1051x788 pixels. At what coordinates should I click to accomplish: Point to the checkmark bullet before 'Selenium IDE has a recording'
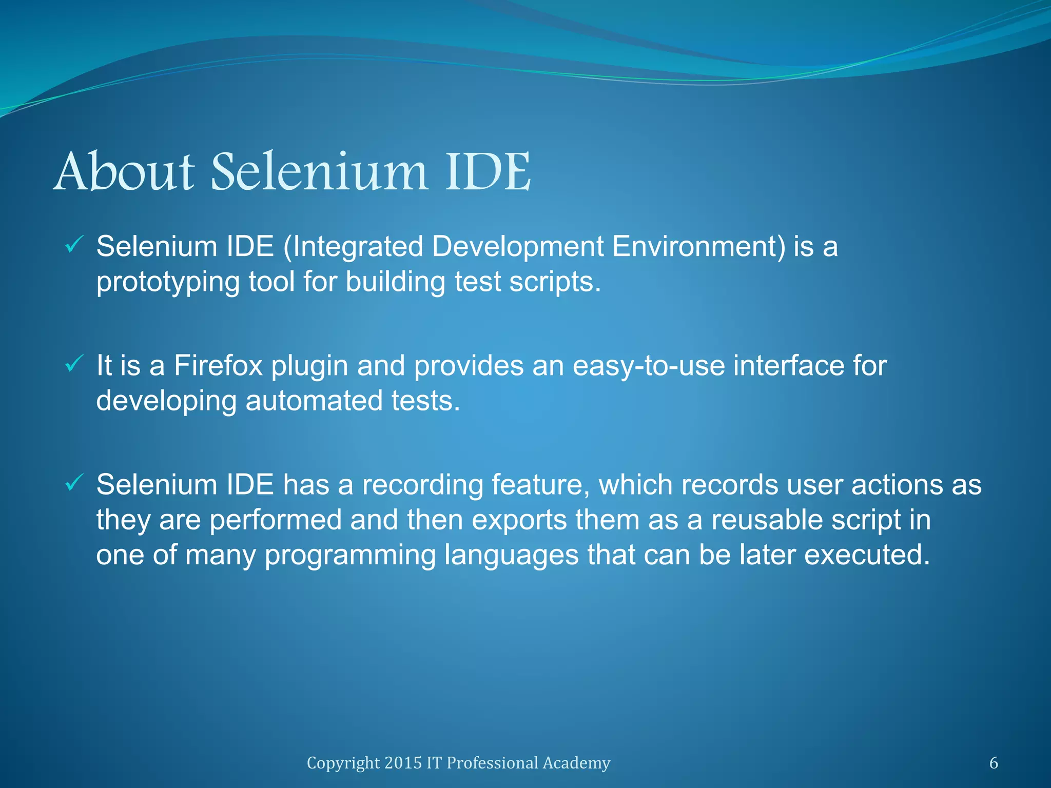(74, 483)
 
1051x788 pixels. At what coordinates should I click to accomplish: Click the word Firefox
(218, 365)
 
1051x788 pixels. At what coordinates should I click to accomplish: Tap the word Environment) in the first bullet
(698, 246)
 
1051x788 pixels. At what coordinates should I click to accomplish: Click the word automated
(314, 401)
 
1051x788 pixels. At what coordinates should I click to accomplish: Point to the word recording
(422, 485)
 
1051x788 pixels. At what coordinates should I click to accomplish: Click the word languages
(511, 555)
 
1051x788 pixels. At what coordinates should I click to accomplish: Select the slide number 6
(994, 763)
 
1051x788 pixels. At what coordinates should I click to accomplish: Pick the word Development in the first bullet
(517, 246)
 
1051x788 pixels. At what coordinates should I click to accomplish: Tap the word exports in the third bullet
(519, 520)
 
